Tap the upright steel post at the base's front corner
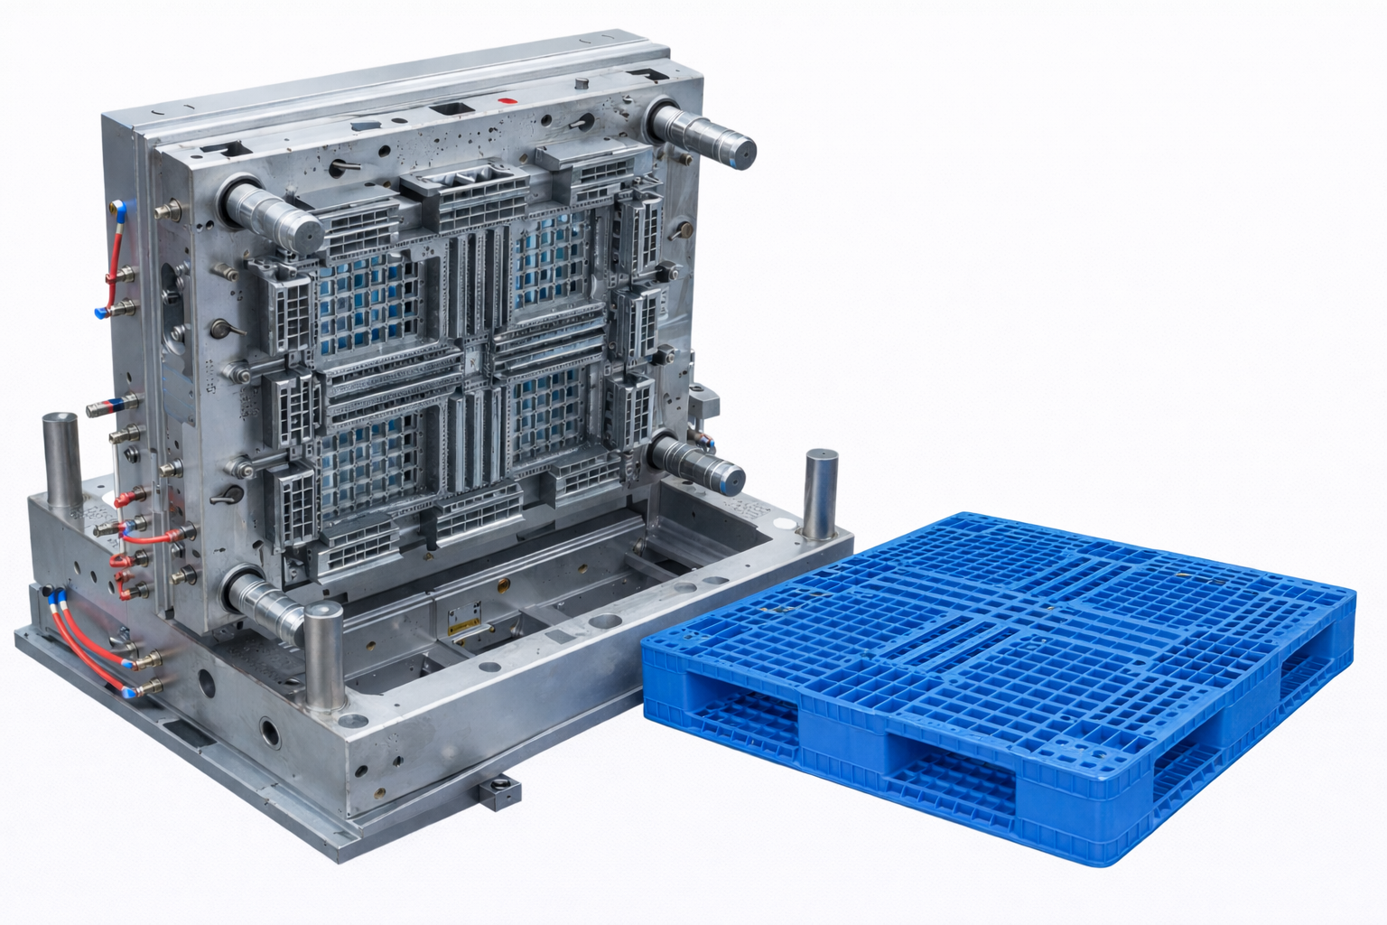coord(323,655)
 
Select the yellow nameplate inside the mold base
coord(466,616)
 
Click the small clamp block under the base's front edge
coord(498,792)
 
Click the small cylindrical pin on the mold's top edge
coord(582,85)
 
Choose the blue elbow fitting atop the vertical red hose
coord(119,210)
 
